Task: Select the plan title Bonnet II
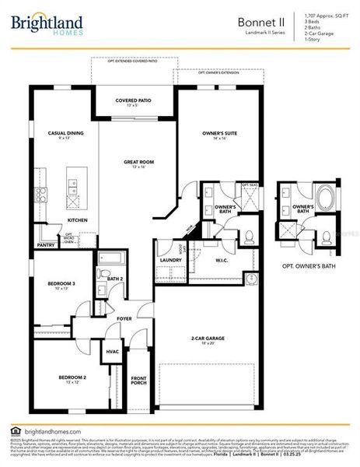pyautogui.click(x=260, y=23)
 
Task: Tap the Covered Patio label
pyautogui.click(x=133, y=100)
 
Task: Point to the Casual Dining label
pyautogui.click(x=65, y=133)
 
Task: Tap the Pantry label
pyautogui.click(x=46, y=245)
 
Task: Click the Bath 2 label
pyautogui.click(x=106, y=278)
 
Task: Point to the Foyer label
pyautogui.click(x=124, y=318)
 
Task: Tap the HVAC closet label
pyautogui.click(x=112, y=352)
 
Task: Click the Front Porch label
pyautogui.click(x=139, y=380)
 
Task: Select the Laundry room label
pyautogui.click(x=170, y=260)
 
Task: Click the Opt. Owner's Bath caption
pyautogui.click(x=309, y=266)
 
